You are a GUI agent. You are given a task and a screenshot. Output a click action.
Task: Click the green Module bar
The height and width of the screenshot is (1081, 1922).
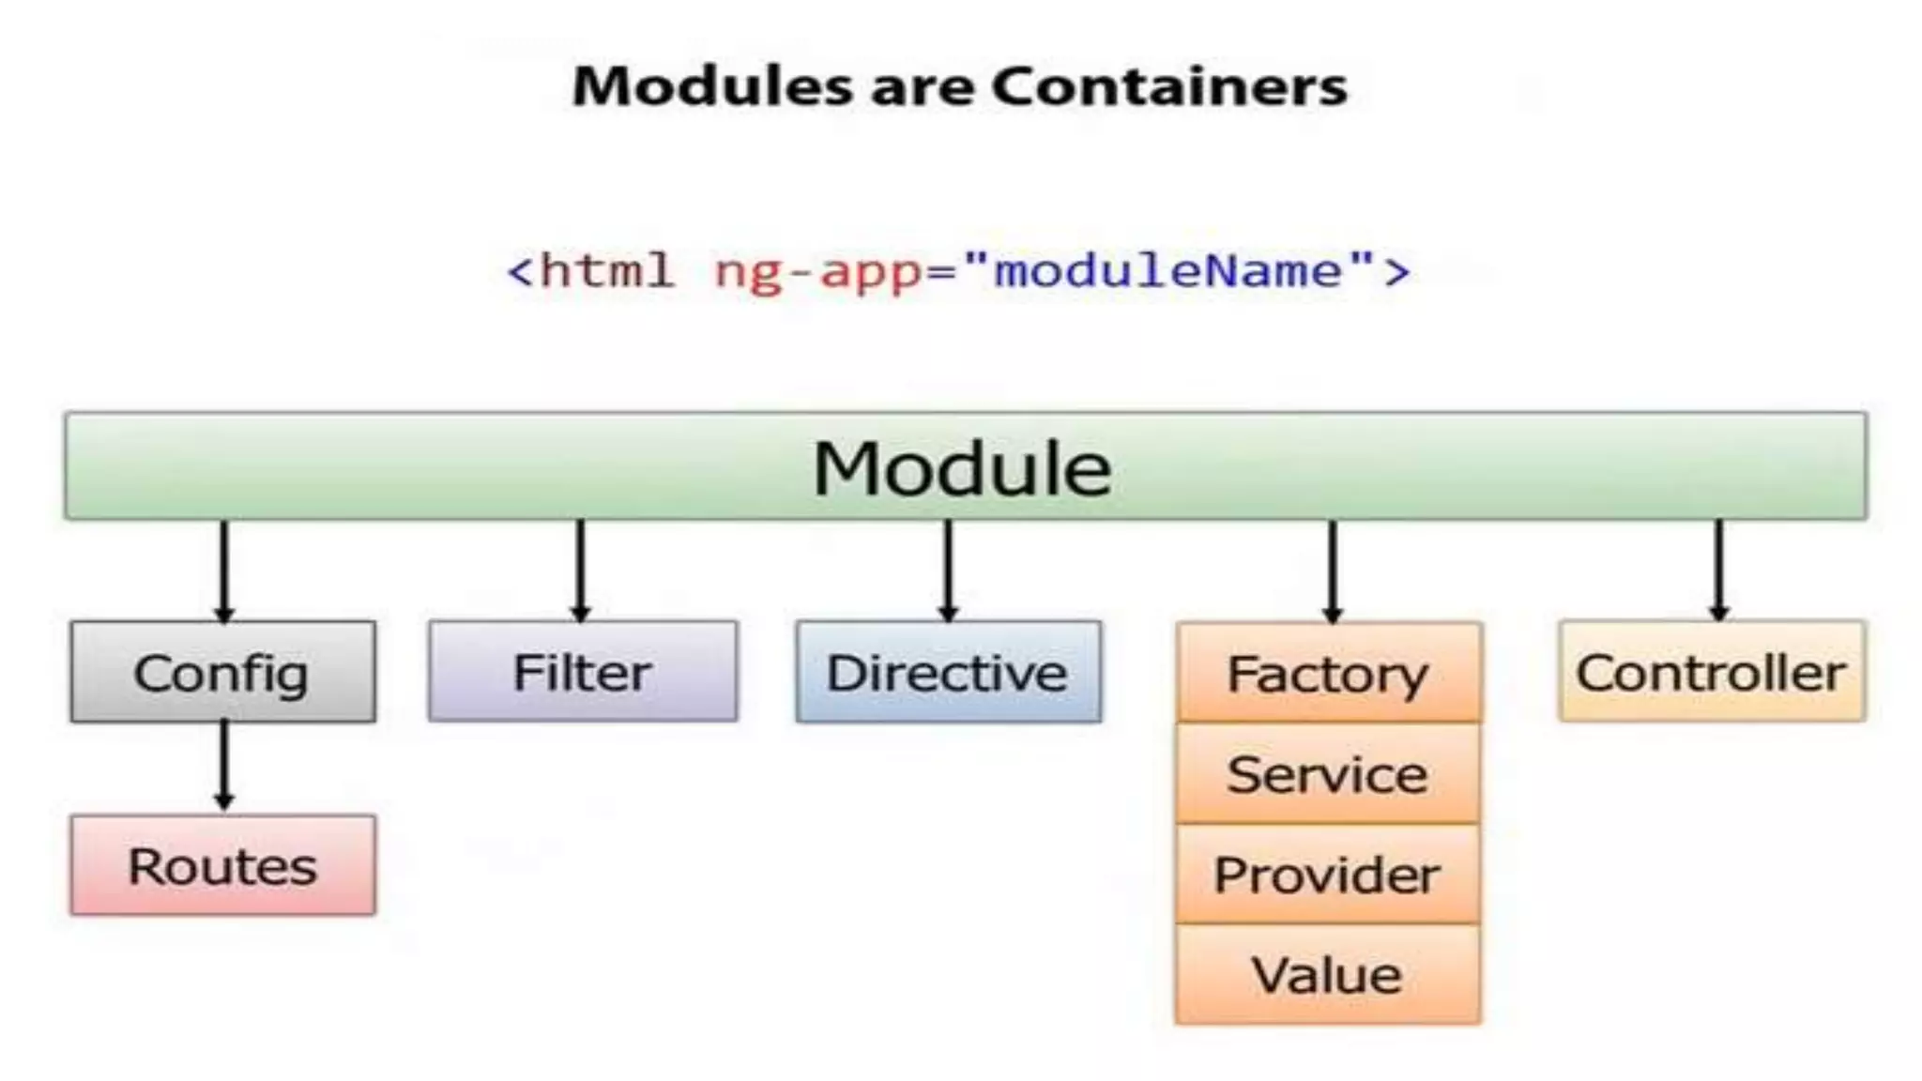pyautogui.click(x=965, y=466)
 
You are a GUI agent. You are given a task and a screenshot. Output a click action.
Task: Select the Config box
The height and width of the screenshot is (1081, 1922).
pyautogui.click(x=222, y=672)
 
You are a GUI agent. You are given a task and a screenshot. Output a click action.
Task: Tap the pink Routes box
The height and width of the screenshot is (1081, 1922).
pyautogui.click(x=222, y=865)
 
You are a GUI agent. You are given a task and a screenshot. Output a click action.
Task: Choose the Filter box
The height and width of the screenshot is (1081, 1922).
pyautogui.click(x=582, y=672)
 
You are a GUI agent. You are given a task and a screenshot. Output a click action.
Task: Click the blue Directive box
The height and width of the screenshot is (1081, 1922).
pyautogui.click(x=948, y=672)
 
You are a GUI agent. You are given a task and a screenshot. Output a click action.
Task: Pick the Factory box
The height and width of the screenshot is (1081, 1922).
pyautogui.click(x=1328, y=673)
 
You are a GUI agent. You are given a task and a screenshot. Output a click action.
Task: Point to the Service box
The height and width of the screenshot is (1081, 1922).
pyautogui.click(x=1328, y=774)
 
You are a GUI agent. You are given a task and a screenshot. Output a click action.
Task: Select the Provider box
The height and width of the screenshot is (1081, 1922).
pyautogui.click(x=1328, y=875)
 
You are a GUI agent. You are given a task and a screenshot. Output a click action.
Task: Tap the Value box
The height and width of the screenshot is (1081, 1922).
pyautogui.click(x=1328, y=974)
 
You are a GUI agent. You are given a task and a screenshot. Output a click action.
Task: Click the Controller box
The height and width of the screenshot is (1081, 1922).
pyautogui.click(x=1711, y=672)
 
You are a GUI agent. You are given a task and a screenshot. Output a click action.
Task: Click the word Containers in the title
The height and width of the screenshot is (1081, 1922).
pyautogui.click(x=1169, y=86)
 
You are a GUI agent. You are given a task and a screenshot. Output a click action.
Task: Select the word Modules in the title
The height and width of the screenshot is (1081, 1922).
pyautogui.click(x=714, y=86)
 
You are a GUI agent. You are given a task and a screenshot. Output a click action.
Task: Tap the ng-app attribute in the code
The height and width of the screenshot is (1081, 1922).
pyautogui.click(x=817, y=272)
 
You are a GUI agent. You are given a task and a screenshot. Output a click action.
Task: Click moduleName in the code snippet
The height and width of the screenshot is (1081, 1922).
pyautogui.click(x=1168, y=271)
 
